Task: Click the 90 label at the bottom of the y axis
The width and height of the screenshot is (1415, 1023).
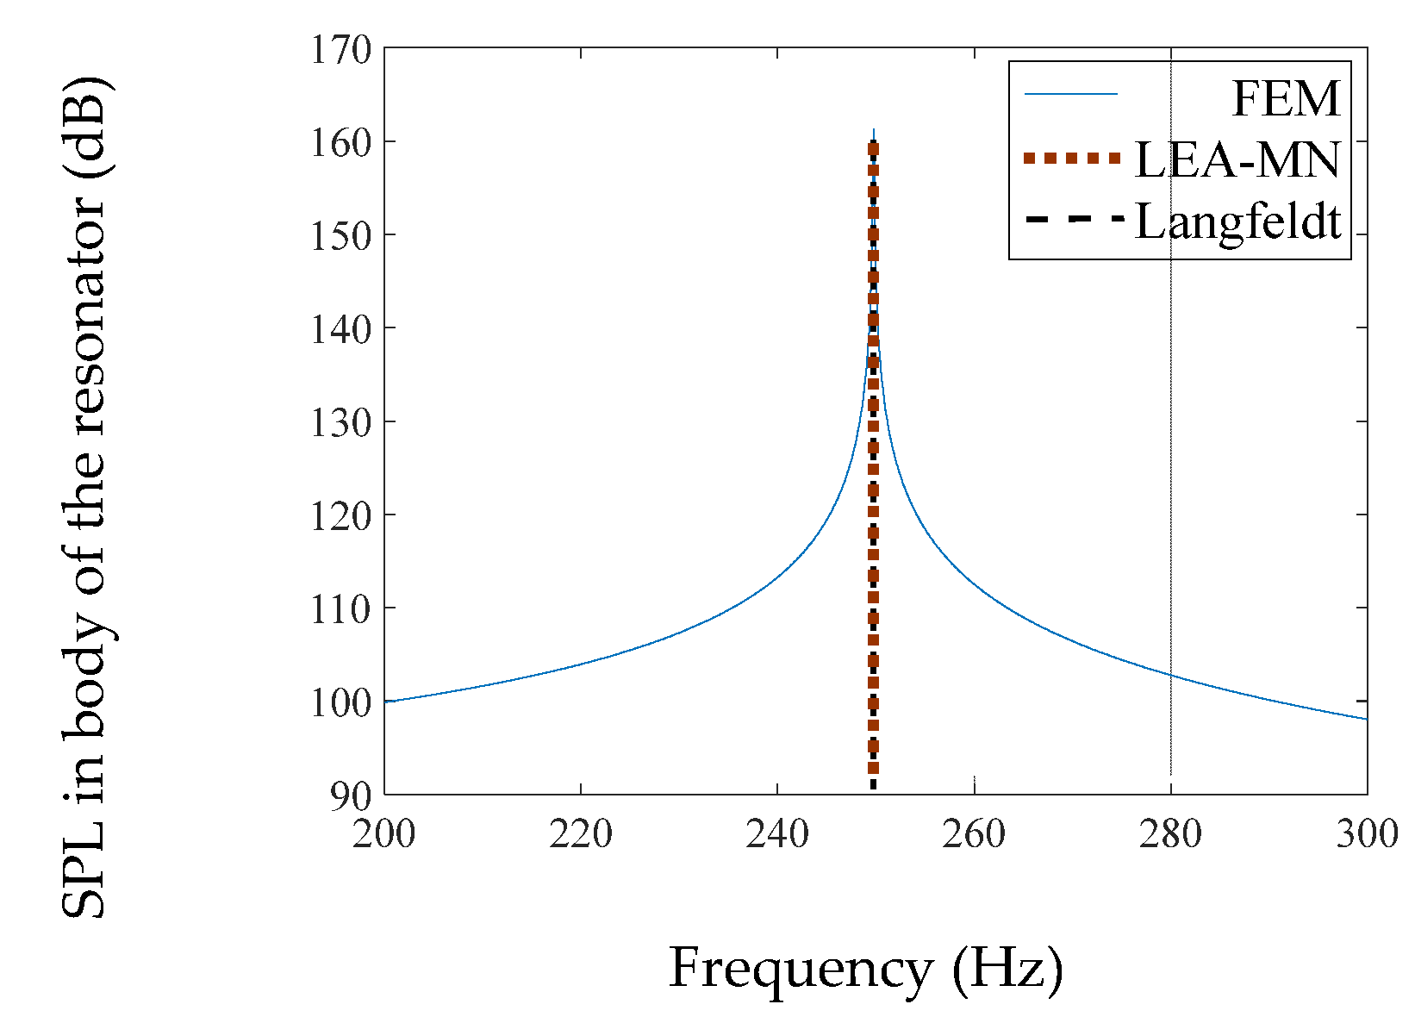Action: [351, 796]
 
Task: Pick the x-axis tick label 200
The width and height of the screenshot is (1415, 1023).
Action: [384, 834]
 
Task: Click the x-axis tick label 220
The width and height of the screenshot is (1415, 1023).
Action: [581, 834]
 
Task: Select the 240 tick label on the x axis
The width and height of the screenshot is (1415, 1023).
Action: [777, 834]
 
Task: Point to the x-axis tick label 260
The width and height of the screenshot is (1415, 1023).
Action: [974, 834]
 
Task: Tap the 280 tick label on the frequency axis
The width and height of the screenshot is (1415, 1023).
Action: [1170, 834]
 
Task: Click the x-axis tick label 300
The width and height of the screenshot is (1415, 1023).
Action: [1367, 834]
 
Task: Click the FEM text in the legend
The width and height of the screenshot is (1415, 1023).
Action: [1286, 98]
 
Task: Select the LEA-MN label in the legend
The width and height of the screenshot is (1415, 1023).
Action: [1237, 160]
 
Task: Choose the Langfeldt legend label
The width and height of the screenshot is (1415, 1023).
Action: [1237, 222]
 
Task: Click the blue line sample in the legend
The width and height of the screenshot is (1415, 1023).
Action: [1071, 94]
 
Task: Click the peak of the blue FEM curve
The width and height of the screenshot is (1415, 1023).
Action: [874, 132]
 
